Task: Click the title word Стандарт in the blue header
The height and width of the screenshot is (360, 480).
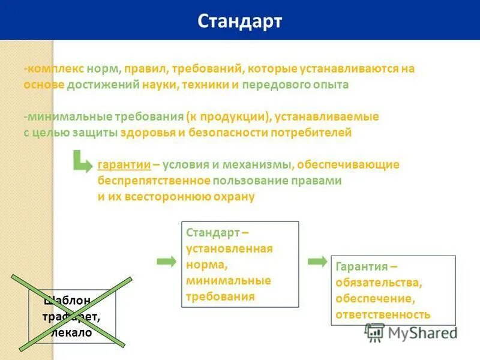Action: [x=240, y=21]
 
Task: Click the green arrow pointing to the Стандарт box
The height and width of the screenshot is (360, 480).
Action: [x=166, y=261]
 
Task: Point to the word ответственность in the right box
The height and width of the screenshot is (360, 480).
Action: [x=383, y=314]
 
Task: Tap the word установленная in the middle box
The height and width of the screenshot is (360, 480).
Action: [x=229, y=248]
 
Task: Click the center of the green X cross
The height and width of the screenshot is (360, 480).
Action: [x=71, y=311]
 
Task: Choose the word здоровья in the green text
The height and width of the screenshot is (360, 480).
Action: [x=148, y=133]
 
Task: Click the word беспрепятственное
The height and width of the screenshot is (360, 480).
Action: [x=154, y=181]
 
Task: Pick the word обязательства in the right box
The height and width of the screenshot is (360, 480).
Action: [x=371, y=282]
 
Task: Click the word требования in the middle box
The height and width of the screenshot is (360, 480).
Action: [x=220, y=296]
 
